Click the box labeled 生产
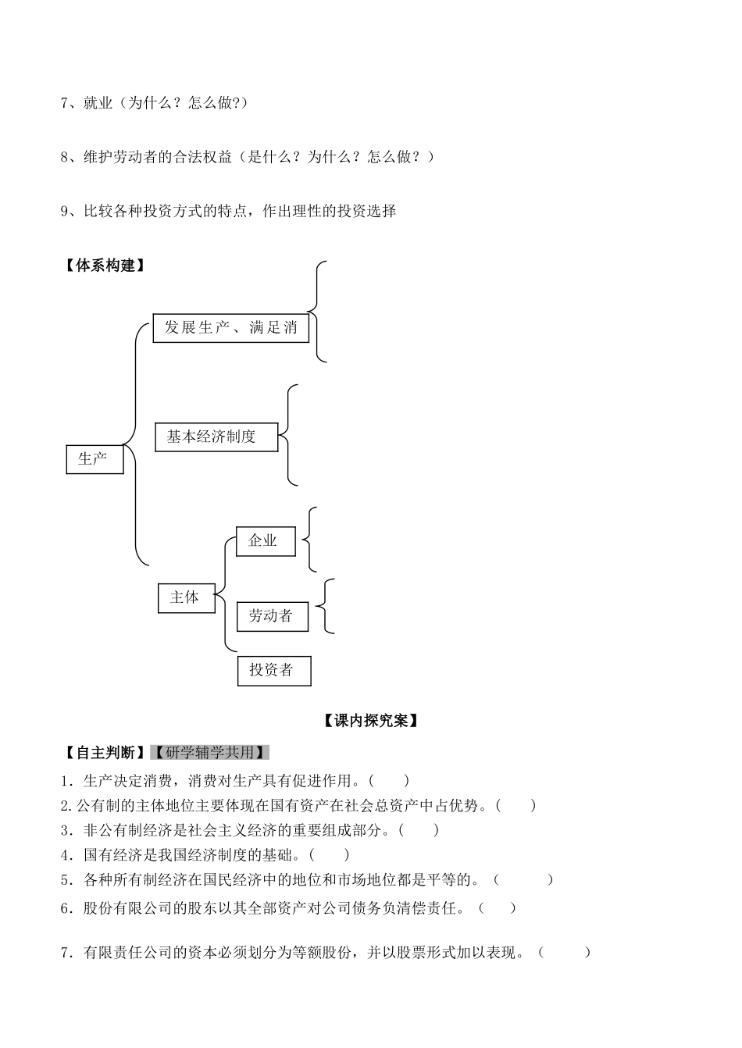pos(95,459)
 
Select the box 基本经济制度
pos(216,437)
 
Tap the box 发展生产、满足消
pos(230,328)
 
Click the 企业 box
pos(266,540)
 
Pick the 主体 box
pos(186,597)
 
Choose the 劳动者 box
pos(272,616)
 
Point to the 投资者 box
pos(273,670)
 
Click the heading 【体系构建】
pos(105,266)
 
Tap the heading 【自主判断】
pos(105,753)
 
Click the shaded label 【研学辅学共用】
pos(209,753)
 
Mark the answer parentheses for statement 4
pos(329,855)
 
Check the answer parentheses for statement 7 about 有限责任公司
pos(564,952)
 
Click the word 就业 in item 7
pos(98,103)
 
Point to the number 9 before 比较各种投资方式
pos(64,211)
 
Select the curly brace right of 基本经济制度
pos(288,434)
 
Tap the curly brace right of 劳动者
pos(327,605)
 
